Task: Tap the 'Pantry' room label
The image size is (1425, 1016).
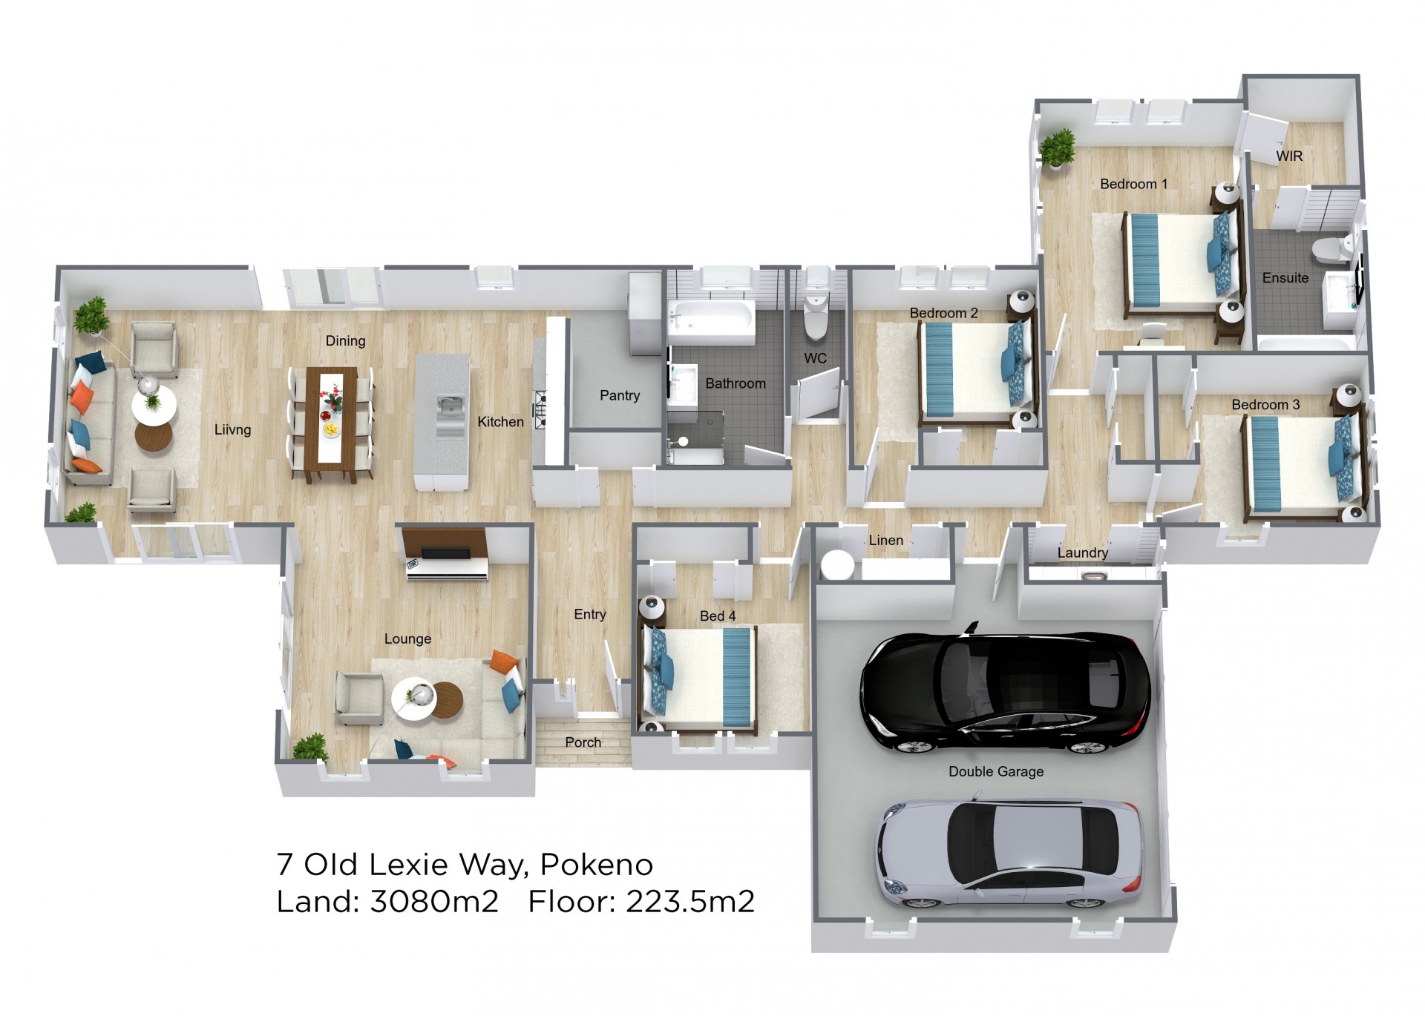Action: click(x=620, y=395)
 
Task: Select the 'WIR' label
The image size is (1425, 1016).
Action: click(x=1289, y=156)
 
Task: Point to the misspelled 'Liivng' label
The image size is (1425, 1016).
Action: click(x=232, y=429)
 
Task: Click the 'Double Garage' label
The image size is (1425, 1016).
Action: click(x=996, y=771)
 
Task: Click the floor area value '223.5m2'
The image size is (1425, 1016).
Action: click(x=690, y=902)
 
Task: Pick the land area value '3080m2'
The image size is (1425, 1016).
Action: click(x=434, y=902)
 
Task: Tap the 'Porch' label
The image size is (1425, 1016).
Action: click(x=583, y=742)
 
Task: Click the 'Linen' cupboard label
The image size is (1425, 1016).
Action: click(x=886, y=540)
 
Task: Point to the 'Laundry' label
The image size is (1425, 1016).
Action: click(x=1083, y=552)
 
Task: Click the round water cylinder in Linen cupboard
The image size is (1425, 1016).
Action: click(x=839, y=565)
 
